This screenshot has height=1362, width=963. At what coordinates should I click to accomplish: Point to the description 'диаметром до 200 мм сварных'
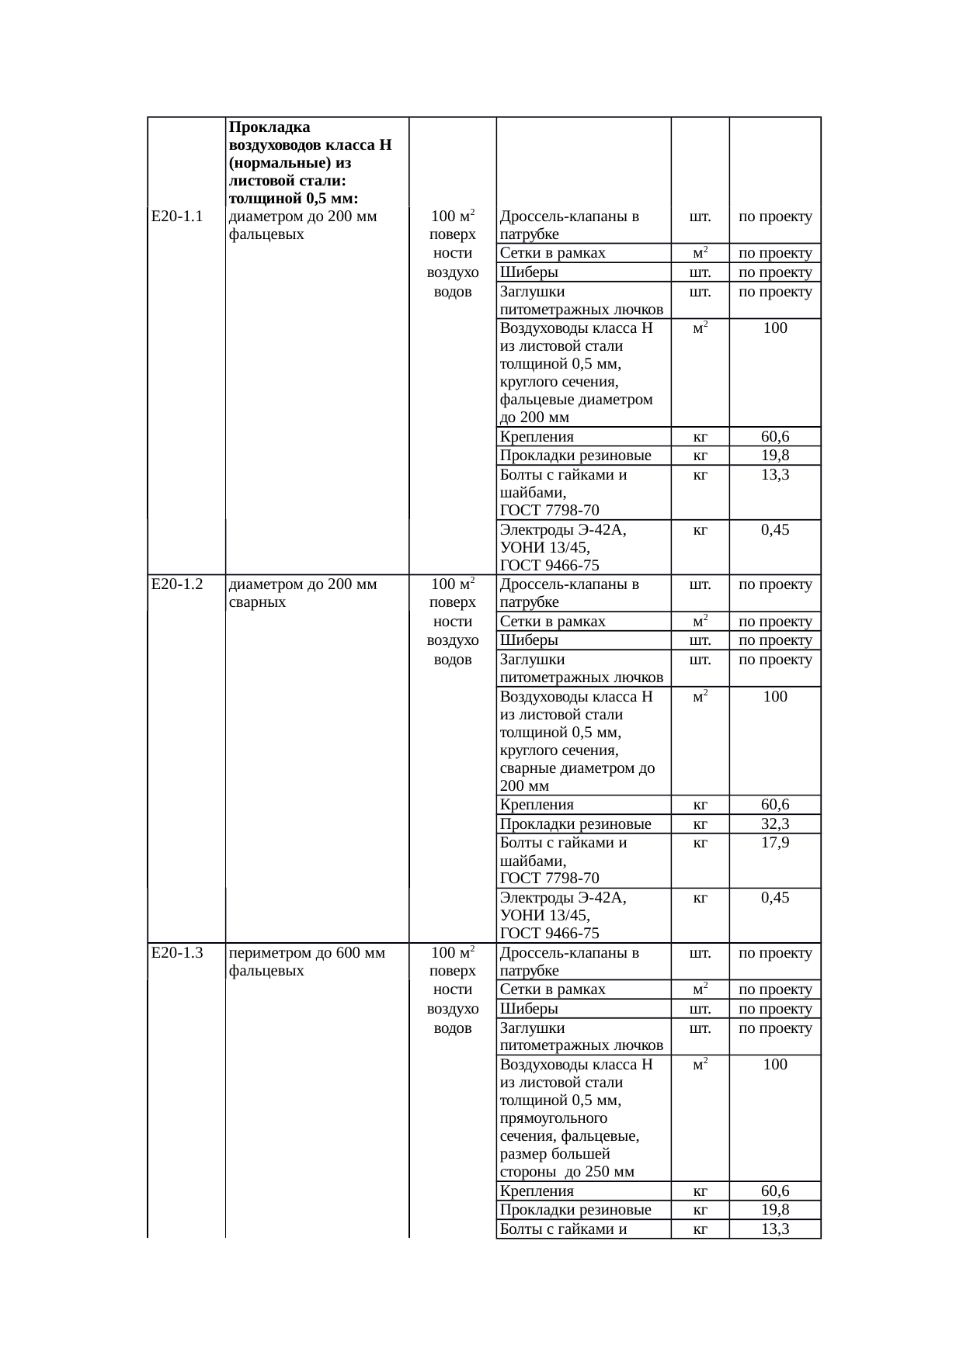(304, 593)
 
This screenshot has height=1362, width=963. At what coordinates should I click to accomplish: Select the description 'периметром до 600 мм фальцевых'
(308, 962)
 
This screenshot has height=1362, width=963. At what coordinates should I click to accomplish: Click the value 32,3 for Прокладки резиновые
(775, 823)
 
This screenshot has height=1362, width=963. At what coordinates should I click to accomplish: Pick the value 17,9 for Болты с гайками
(775, 843)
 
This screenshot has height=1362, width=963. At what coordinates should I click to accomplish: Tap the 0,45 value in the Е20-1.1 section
(775, 530)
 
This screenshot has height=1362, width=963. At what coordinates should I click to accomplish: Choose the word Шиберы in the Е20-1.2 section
(529, 640)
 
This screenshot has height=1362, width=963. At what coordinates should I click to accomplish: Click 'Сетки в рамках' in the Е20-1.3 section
(553, 989)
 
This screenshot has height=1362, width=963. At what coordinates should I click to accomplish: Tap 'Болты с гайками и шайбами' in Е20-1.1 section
(563, 492)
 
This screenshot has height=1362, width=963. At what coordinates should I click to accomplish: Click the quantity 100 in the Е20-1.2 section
(775, 697)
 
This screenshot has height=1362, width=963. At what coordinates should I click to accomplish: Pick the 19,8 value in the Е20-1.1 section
(775, 456)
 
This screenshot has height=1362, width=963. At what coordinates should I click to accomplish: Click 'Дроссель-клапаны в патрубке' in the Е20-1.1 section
(569, 225)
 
